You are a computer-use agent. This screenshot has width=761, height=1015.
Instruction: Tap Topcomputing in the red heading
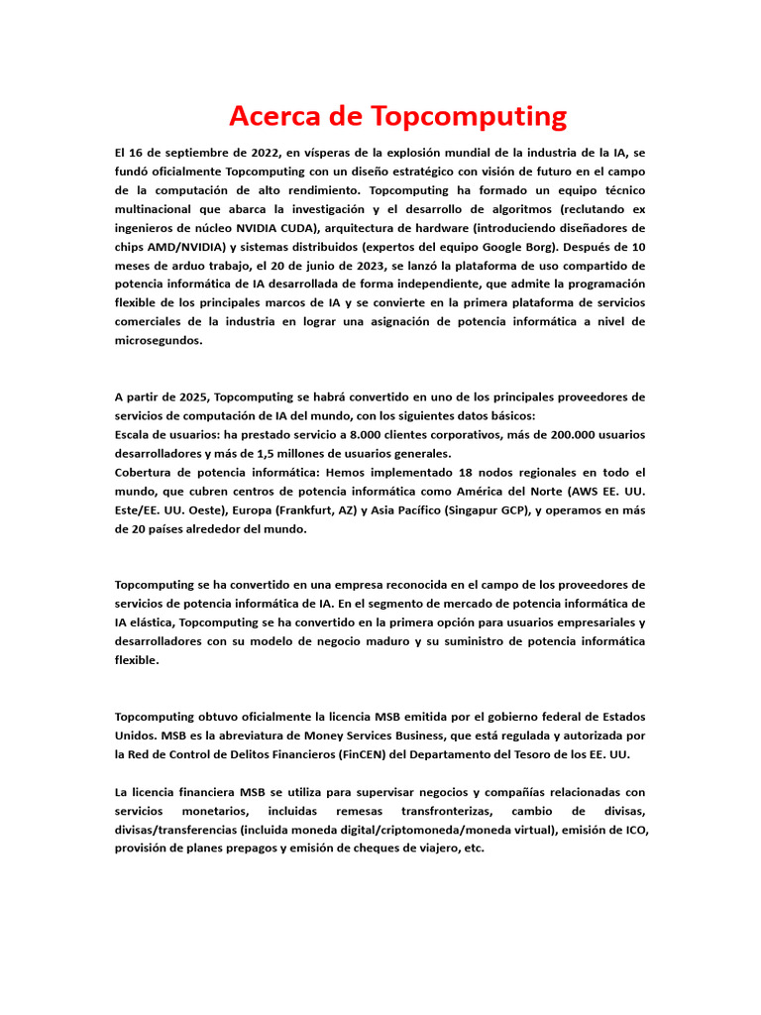tap(469, 117)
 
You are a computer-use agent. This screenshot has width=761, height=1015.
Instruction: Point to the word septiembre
tap(182, 153)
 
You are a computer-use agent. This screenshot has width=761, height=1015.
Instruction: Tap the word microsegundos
tap(159, 340)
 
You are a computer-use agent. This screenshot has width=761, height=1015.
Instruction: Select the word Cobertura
tap(149, 472)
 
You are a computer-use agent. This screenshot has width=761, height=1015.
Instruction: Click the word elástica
tap(155, 622)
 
